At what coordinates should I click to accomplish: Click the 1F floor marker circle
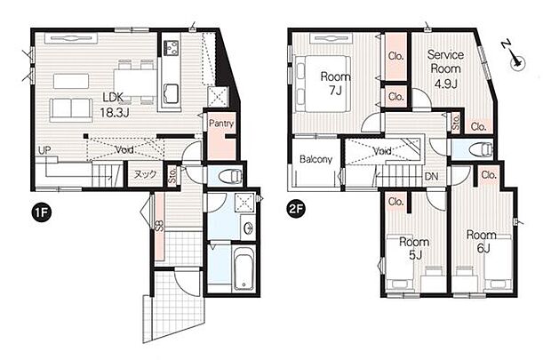click(42, 213)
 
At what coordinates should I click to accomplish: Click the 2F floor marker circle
click(296, 209)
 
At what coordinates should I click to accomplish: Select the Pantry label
click(221, 124)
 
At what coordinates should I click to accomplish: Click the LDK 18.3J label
click(114, 104)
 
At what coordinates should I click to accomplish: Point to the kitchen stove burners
click(172, 47)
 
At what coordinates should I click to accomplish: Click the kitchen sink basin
click(172, 94)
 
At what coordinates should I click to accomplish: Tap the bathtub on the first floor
click(244, 269)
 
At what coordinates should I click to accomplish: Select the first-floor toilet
click(230, 175)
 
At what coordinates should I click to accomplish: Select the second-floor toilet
click(481, 149)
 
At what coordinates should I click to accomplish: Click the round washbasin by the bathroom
click(249, 227)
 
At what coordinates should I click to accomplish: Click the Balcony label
click(315, 159)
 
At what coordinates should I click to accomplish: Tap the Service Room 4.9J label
click(445, 69)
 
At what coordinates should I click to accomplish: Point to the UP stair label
click(44, 150)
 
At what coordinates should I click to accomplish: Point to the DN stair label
click(431, 176)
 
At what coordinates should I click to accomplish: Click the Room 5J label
click(414, 249)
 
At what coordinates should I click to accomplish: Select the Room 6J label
click(482, 242)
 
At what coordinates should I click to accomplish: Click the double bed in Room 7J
click(323, 84)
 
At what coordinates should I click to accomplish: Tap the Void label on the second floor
click(382, 151)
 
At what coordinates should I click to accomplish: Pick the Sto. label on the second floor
click(456, 123)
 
